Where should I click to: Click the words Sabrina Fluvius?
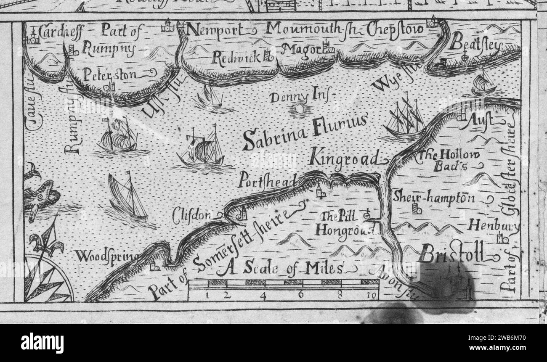pos(305,132)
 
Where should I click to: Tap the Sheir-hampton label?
pos(434,197)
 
